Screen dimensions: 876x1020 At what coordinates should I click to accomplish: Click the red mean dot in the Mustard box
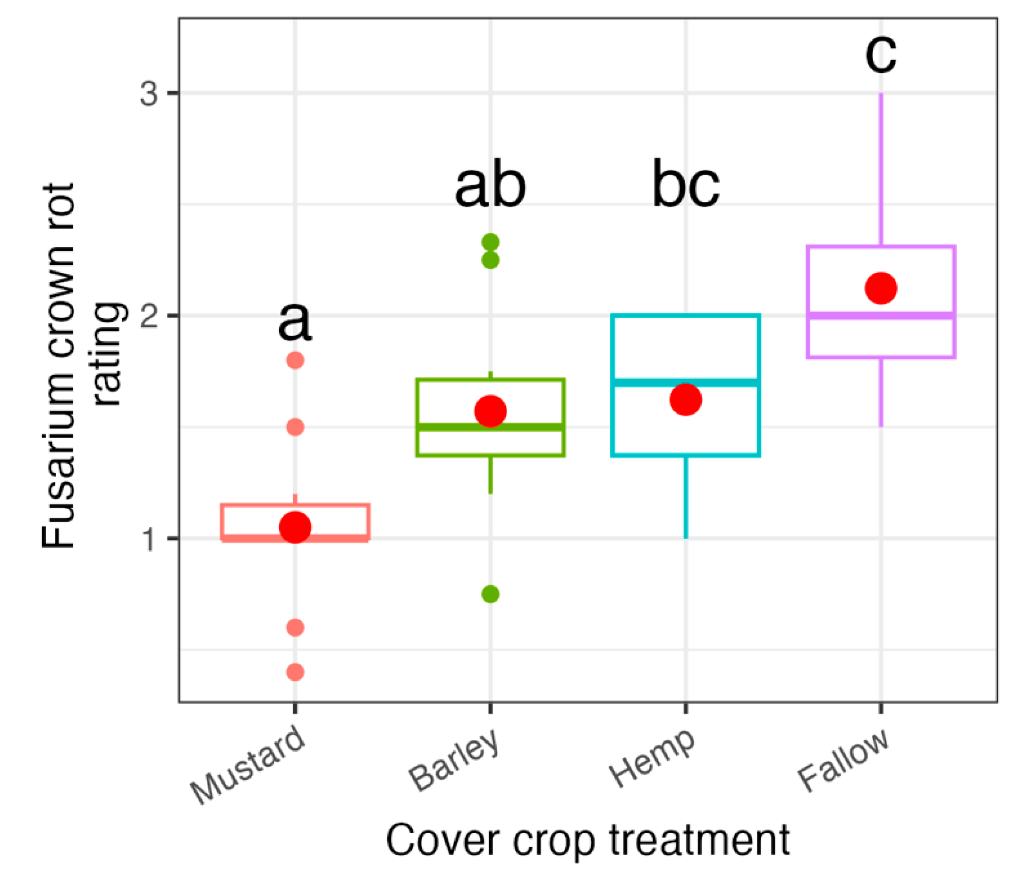point(295,527)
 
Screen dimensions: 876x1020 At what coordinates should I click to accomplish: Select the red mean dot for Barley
point(490,411)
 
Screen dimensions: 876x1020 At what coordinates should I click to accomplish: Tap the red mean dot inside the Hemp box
point(685,399)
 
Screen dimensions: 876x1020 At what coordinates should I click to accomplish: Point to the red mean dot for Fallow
point(881,288)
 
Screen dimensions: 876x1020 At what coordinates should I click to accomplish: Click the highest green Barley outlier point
point(490,243)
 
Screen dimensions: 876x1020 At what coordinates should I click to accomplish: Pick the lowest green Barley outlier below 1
point(490,594)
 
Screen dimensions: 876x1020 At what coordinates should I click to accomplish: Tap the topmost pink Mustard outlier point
point(295,360)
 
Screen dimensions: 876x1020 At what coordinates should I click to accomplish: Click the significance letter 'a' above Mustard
point(294,323)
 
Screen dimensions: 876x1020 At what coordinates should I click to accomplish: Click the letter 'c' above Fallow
point(881,54)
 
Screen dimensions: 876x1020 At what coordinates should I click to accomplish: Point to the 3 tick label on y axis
point(149,94)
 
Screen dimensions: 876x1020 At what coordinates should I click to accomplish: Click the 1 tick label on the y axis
point(149,539)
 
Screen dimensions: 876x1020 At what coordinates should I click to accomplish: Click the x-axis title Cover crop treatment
point(588,840)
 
